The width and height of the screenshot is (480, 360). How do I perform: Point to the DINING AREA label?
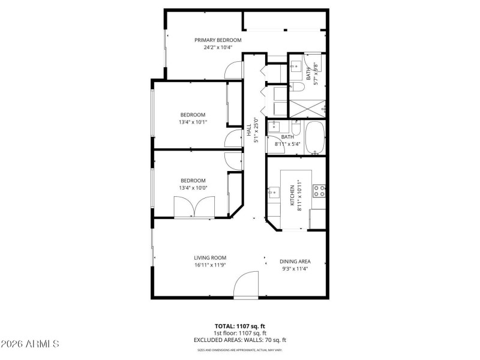(295, 262)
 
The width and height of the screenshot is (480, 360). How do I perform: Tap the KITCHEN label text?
(293, 196)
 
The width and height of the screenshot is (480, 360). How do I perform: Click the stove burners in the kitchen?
(320, 191)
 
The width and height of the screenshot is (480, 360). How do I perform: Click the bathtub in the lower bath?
(315, 137)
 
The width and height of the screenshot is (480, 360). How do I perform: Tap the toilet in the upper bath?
(299, 87)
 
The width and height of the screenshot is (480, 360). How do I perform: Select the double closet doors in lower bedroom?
(193, 208)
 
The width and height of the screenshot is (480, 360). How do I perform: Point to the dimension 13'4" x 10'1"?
(193, 122)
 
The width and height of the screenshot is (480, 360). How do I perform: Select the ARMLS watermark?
(30, 344)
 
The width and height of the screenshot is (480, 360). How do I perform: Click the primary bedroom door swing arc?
(230, 71)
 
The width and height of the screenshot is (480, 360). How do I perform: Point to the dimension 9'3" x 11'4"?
(295, 269)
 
